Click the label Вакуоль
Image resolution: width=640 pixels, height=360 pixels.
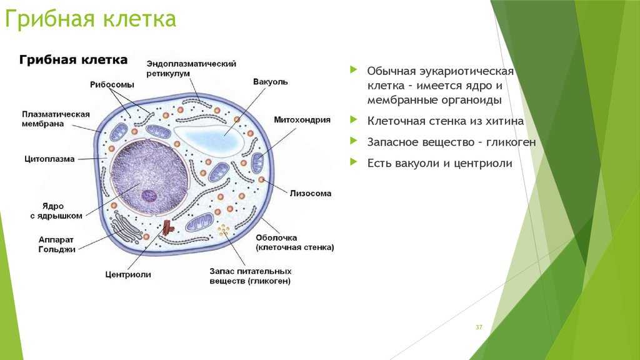[x=270, y=82]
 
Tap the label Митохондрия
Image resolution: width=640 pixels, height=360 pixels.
[x=302, y=119]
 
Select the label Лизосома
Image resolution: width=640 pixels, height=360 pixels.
[x=310, y=193]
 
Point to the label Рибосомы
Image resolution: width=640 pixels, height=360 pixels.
[x=112, y=84]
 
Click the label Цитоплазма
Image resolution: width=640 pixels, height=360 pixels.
[x=49, y=159]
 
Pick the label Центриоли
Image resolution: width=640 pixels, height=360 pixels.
[x=127, y=274]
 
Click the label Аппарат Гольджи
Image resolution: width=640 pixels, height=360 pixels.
[x=57, y=244]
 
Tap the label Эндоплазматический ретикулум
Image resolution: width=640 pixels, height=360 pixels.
[x=191, y=69]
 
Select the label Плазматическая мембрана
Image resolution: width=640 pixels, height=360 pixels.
[x=56, y=119]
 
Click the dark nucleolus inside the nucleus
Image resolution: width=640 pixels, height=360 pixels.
[x=149, y=196]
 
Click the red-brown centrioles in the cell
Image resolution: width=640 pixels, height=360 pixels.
[x=167, y=228]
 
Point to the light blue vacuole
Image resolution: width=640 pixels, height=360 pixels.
[x=210, y=138]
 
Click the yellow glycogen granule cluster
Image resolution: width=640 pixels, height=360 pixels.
[x=223, y=230]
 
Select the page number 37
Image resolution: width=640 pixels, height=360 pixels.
[x=479, y=327]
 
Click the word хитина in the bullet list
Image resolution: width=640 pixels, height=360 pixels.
[x=504, y=121]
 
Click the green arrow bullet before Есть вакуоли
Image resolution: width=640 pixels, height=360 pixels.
[x=354, y=162]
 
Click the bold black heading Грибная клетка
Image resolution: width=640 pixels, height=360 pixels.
[x=74, y=60]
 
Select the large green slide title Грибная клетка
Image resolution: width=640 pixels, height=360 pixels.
[x=91, y=19]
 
